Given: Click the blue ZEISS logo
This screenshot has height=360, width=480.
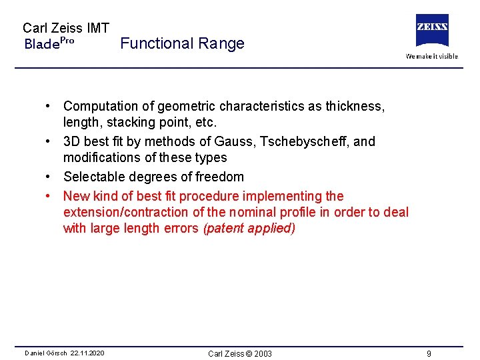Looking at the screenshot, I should point(432,30).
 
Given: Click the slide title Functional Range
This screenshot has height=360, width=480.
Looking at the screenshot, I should point(183,44).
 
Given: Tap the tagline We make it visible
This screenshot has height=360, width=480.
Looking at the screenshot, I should point(432,56).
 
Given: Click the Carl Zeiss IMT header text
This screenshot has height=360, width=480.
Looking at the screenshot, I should point(66,28).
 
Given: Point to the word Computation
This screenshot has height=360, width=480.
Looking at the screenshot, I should point(101,107).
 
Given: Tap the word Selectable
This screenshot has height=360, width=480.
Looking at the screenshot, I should point(93,177).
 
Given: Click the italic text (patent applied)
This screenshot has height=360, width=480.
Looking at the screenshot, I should point(249,229).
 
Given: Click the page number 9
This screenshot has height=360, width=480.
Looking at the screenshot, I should point(429,353).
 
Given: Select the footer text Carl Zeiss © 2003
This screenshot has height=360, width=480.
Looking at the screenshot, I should point(240,353).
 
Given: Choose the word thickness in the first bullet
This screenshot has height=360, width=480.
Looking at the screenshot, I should point(355,107).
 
